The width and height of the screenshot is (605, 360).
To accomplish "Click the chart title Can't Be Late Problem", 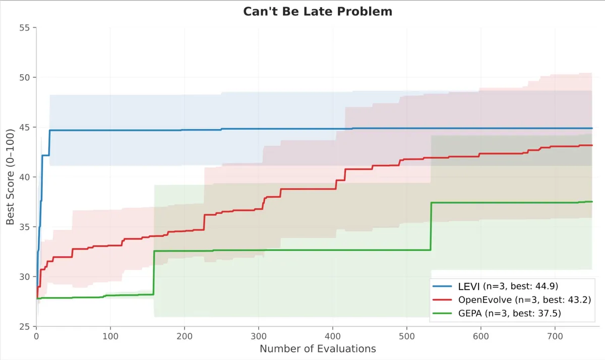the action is (x=318, y=12).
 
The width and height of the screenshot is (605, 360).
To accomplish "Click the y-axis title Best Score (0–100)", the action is (x=10, y=177).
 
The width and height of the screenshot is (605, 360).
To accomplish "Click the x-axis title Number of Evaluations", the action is (x=318, y=349).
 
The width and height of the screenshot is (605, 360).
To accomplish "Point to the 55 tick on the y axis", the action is (x=24, y=28).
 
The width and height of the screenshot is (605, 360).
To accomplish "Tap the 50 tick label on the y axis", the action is (x=24, y=78).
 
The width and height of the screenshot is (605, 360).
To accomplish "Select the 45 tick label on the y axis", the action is (x=24, y=127).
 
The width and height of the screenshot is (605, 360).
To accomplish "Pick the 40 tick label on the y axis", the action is (x=24, y=177).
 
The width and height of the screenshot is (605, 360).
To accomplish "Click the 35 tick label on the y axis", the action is (x=24, y=227).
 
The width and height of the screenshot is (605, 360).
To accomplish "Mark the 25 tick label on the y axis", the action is (x=24, y=327).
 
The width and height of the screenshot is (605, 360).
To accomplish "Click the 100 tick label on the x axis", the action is (x=110, y=336).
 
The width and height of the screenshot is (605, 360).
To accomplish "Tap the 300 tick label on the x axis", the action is (x=259, y=336).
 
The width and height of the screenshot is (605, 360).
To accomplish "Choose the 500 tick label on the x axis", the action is (x=407, y=336).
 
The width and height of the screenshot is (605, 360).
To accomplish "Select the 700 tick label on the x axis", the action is (x=555, y=336).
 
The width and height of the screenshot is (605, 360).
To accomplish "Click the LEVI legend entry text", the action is (x=508, y=286).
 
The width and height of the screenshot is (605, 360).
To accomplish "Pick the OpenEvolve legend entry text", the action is (x=524, y=300).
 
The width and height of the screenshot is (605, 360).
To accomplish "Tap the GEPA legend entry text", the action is (x=509, y=313).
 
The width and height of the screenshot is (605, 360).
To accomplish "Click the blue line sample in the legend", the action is (x=442, y=286).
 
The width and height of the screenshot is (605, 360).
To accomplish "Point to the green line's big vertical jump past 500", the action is (x=431, y=226).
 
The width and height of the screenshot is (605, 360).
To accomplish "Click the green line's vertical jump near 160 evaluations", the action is (x=154, y=272).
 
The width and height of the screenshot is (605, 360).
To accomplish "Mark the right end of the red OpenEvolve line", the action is (x=592, y=145).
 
